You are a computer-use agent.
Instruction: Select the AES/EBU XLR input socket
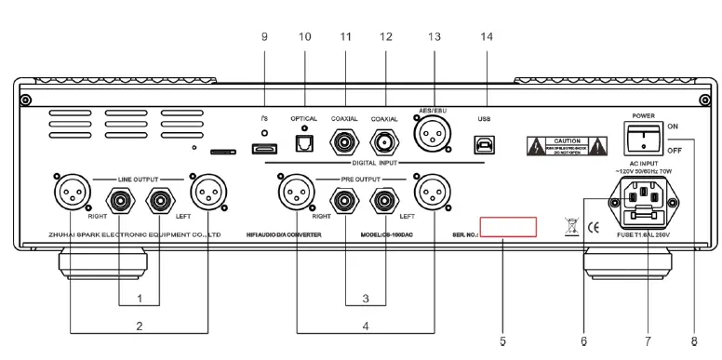pos(433,140)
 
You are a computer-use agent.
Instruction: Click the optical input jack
pos(303,144)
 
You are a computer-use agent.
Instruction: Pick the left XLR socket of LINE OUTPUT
pos(70,194)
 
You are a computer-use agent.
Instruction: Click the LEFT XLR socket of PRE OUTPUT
pos(433,194)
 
